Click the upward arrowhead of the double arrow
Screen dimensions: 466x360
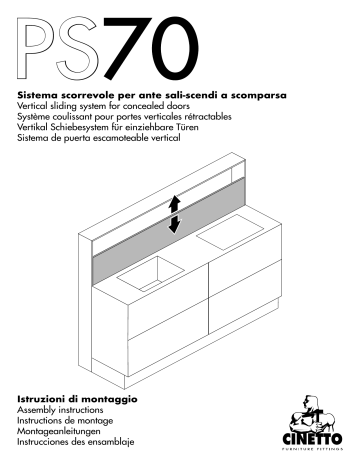point(174,202)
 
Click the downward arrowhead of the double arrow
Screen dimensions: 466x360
point(174,225)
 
